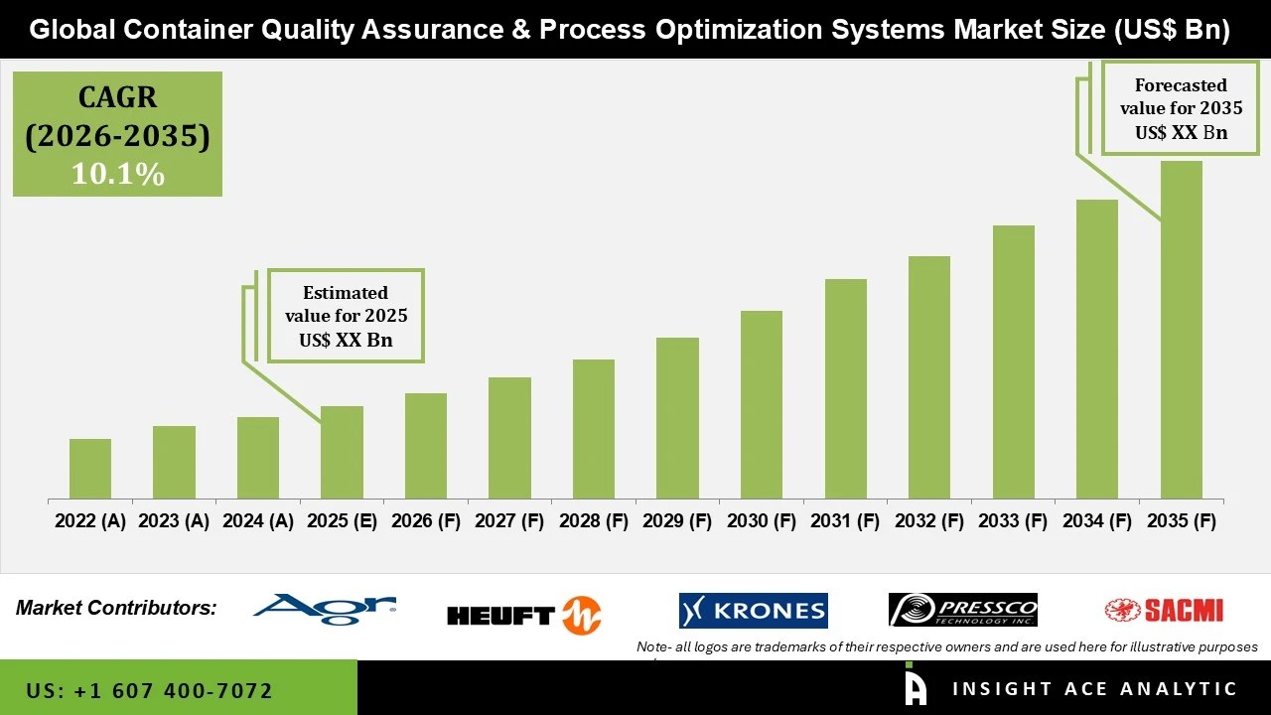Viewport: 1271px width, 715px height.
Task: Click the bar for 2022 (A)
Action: pyautogui.click(x=90, y=469)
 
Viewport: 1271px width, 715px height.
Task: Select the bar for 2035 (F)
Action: pyautogui.click(x=1182, y=330)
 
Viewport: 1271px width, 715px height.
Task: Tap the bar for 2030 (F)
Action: pyautogui.click(x=762, y=404)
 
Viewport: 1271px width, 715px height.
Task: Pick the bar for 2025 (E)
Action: pyautogui.click(x=342, y=452)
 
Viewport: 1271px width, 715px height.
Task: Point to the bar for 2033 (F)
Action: pyautogui.click(x=1014, y=361)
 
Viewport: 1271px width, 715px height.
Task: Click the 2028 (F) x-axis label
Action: pyautogui.click(x=594, y=521)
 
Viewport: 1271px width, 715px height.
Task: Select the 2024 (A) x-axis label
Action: pyautogui.click(x=258, y=521)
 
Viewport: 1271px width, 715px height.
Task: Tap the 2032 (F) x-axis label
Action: pyautogui.click(x=929, y=521)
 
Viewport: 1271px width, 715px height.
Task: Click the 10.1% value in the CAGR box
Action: pyautogui.click(x=117, y=175)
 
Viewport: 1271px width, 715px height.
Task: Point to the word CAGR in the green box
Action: pyautogui.click(x=117, y=97)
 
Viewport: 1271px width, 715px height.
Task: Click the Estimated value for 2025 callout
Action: pyautogui.click(x=346, y=316)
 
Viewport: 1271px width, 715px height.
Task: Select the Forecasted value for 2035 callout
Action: pyautogui.click(x=1181, y=108)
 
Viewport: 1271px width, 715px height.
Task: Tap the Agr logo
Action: pyautogui.click(x=324, y=609)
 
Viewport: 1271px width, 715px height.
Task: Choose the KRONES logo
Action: pyautogui.click(x=753, y=611)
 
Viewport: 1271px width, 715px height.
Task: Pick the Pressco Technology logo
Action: pyautogui.click(x=962, y=610)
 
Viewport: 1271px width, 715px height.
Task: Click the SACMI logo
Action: pyautogui.click(x=1164, y=610)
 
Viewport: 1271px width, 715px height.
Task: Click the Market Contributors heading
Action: pyautogui.click(x=116, y=608)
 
